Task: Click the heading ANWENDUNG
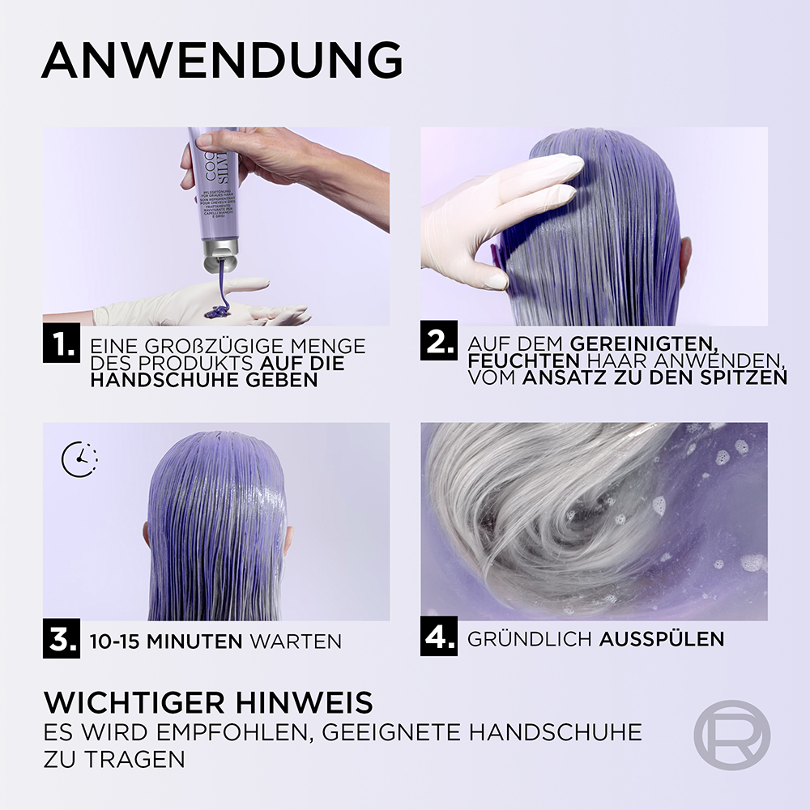coord(221,60)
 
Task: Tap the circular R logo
coord(731,735)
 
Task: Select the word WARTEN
coord(296,642)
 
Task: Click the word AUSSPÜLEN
coord(662,638)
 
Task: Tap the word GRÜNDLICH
coord(530,638)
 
